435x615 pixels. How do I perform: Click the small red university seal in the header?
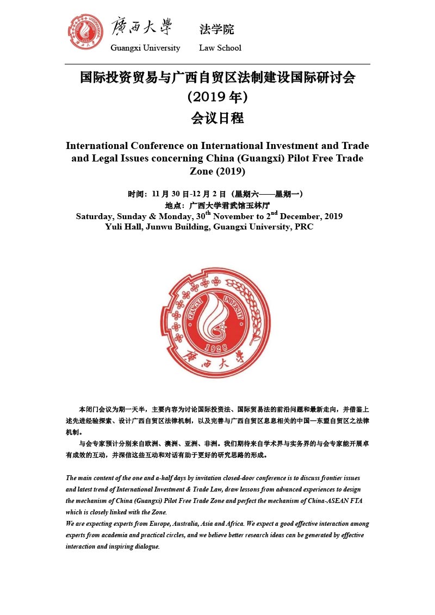click(85, 32)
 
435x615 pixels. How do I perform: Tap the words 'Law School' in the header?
click(220, 48)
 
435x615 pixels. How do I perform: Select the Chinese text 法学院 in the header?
click(216, 29)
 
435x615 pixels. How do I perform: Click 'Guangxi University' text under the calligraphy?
click(145, 48)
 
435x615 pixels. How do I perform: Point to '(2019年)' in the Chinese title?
click(217, 97)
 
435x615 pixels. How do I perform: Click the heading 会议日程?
click(217, 118)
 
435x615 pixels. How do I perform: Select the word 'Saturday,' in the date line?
click(96, 216)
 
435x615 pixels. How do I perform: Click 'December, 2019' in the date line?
click(311, 216)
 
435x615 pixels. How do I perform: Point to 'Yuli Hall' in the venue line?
click(122, 227)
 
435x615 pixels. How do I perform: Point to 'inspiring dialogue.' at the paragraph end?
click(136, 546)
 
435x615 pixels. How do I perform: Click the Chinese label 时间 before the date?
click(136, 194)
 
